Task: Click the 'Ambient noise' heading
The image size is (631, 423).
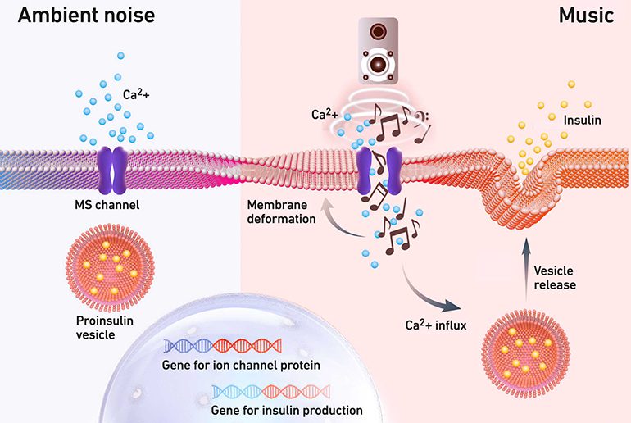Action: (x=87, y=16)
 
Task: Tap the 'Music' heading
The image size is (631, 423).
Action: (x=586, y=16)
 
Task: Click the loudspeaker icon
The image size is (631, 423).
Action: (x=378, y=51)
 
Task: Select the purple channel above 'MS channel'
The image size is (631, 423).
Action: (x=113, y=170)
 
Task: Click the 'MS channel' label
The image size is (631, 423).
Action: (x=107, y=205)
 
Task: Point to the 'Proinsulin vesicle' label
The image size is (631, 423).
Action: (x=105, y=328)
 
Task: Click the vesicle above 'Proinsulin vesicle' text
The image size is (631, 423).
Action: (x=110, y=267)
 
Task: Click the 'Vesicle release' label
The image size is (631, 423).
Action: (x=555, y=278)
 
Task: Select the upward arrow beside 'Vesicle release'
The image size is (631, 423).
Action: (x=526, y=270)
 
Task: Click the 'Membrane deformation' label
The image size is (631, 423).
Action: (x=281, y=211)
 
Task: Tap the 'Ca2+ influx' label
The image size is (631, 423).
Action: (x=436, y=325)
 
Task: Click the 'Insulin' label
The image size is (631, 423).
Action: (x=583, y=120)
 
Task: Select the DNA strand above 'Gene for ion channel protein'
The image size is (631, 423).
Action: (x=223, y=346)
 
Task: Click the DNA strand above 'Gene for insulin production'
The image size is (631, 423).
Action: (x=271, y=392)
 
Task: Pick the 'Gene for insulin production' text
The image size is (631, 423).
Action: (x=287, y=410)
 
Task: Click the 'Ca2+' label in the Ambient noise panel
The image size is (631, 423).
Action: (x=136, y=94)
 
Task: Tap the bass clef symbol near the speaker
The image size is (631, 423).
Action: (x=422, y=118)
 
